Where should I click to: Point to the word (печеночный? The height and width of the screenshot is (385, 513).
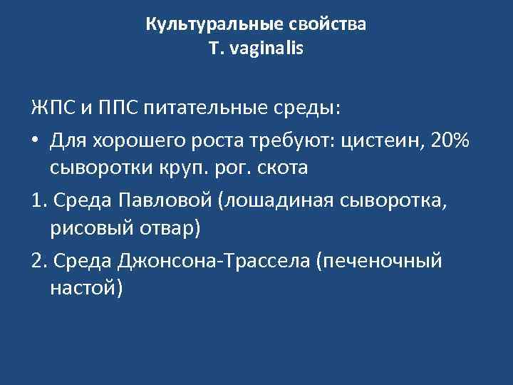click(x=380, y=262)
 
